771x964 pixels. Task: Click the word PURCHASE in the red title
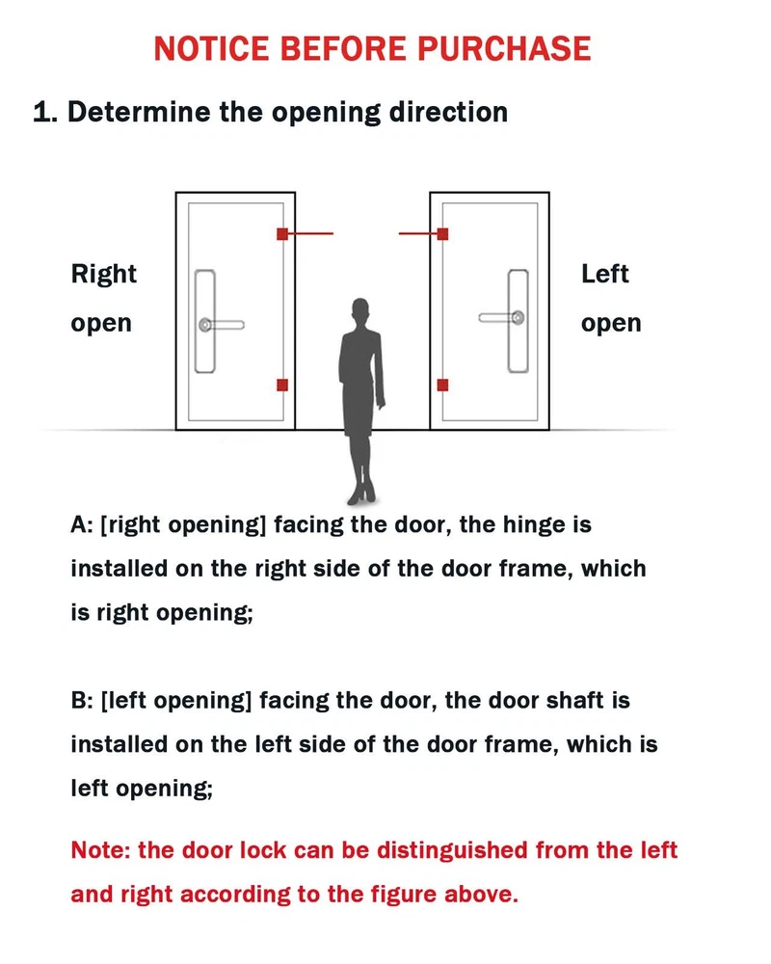coord(504,48)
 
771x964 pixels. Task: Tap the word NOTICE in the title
coord(211,48)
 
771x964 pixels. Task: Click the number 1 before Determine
coord(41,112)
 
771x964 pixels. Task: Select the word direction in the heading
coord(448,112)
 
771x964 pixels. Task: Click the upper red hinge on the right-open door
coord(282,233)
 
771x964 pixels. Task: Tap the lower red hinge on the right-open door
coord(282,385)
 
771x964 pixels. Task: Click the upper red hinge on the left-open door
coord(442,233)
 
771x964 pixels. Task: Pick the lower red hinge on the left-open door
coord(442,385)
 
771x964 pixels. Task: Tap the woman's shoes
coord(362,493)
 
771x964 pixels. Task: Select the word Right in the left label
coord(104,274)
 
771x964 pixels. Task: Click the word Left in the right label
coord(605,274)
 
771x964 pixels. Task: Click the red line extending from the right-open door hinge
coord(310,233)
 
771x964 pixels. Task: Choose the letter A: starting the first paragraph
coord(81,524)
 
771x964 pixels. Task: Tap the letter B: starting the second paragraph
coord(82,700)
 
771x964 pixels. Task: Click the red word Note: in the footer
coord(101,850)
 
